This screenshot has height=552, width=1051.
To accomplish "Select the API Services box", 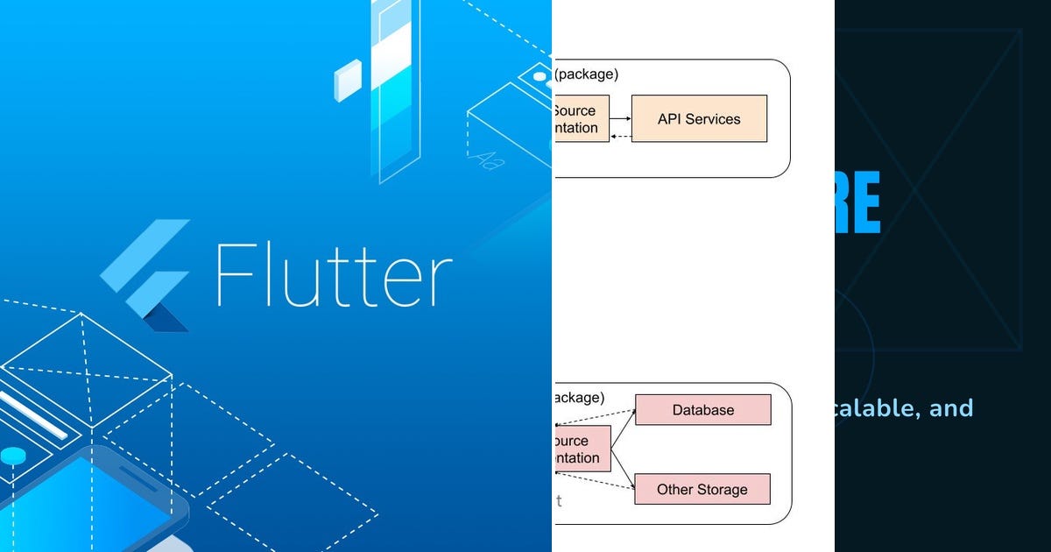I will pyautogui.click(x=698, y=118).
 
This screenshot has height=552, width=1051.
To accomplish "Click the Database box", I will pyautogui.click(x=702, y=409).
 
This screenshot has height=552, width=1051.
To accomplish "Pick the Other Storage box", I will pyautogui.click(x=702, y=489).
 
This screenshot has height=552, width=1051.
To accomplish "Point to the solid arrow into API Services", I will pyautogui.click(x=621, y=118).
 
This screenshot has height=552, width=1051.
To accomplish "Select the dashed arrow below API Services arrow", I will pyautogui.click(x=621, y=136).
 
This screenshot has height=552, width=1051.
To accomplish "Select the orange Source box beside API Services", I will pyautogui.click(x=580, y=119).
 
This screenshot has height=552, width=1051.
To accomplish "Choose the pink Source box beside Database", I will pyautogui.click(x=582, y=449).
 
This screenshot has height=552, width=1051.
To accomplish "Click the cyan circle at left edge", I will pyautogui.click(x=12, y=455).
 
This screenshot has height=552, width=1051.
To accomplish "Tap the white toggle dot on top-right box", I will pyautogui.click(x=540, y=77).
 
